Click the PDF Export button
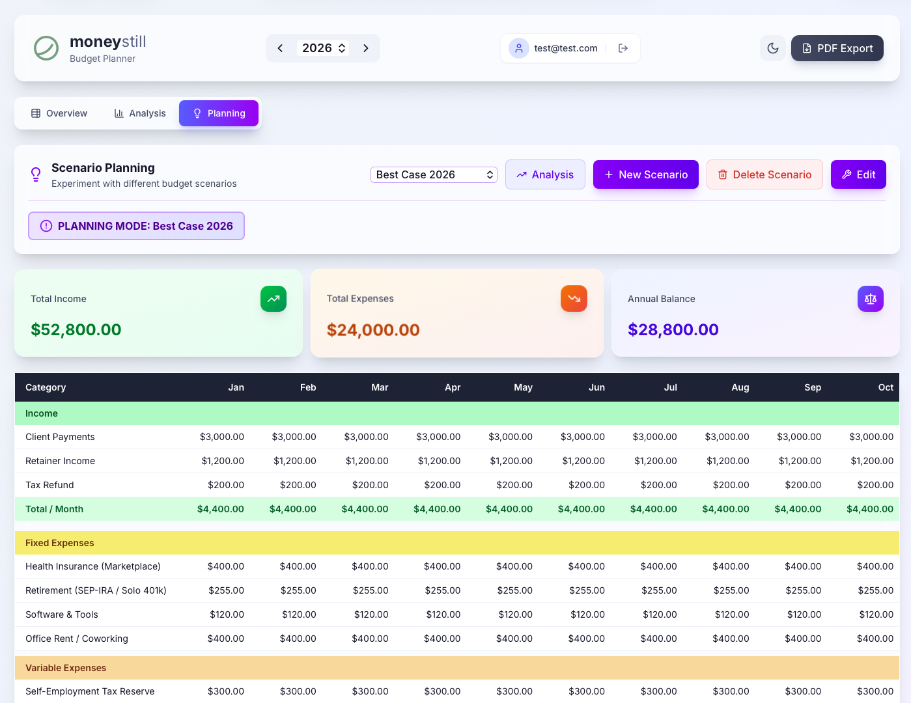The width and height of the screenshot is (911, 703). tap(837, 48)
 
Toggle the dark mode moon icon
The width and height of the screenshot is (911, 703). tap(773, 48)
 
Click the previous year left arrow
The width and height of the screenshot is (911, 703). tap(280, 48)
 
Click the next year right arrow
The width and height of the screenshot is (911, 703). tap(366, 48)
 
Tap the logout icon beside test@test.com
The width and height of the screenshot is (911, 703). tap(623, 48)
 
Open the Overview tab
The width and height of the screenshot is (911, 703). tap(59, 113)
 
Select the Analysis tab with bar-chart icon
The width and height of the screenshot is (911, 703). tap(140, 113)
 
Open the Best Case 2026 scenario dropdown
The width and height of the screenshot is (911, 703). tap(434, 174)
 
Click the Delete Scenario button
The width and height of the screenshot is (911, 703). tap(764, 174)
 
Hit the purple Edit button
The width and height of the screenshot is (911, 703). tap(858, 174)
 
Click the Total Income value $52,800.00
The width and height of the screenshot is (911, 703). tap(76, 329)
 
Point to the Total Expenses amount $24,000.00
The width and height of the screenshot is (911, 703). tap(373, 330)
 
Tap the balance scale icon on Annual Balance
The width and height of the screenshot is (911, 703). tap(871, 299)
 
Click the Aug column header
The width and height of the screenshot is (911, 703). tap(740, 387)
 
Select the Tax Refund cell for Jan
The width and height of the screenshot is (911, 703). tap(226, 485)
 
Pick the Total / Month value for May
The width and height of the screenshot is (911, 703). tap(509, 509)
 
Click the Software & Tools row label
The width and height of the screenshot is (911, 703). tap(62, 614)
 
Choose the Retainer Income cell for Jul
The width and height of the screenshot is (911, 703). tap(656, 461)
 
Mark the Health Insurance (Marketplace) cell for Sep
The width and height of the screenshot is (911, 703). tap(803, 566)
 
